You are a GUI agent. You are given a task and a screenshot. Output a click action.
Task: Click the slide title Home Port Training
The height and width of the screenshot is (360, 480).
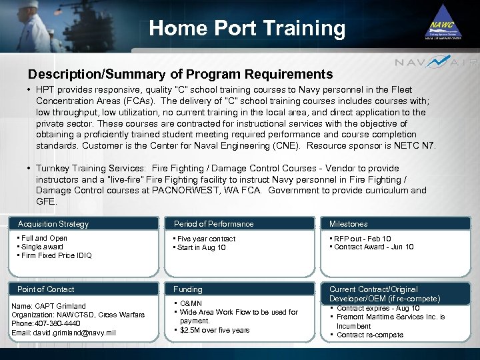coord(247,28)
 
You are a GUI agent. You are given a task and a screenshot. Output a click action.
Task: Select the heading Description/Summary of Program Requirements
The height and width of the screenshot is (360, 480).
coord(180,74)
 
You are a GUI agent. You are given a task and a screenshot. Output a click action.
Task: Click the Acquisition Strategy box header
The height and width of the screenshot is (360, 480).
coord(53,224)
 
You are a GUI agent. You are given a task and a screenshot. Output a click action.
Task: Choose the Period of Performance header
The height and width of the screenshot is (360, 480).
coord(213,224)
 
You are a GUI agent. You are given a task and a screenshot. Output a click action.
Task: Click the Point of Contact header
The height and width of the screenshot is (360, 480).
coord(45,289)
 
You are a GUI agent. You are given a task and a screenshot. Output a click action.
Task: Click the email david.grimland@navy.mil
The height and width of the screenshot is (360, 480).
coord(64,333)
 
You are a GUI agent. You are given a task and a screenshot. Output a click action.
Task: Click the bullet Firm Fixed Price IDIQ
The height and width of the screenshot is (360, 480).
coord(57,255)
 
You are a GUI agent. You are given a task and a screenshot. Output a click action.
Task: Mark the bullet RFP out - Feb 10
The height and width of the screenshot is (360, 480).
coord(363,239)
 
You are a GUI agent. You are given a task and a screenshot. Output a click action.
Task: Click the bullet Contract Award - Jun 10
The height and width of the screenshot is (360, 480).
coord(375,247)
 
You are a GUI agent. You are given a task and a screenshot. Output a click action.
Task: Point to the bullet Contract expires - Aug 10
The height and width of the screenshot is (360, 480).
coord(378,308)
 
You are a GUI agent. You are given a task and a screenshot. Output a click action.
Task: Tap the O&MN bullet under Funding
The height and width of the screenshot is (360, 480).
coord(191,303)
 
